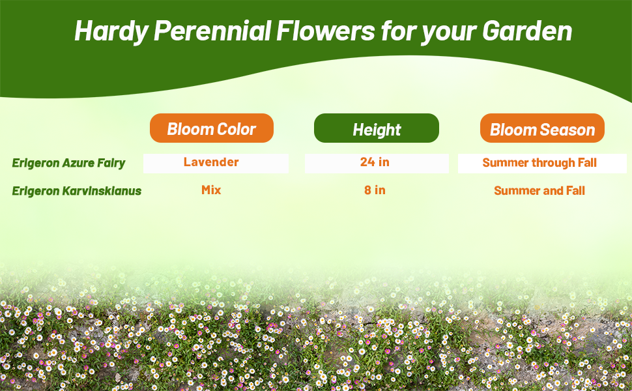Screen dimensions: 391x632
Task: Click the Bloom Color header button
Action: pos(211,128)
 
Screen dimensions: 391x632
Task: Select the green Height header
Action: pos(377,129)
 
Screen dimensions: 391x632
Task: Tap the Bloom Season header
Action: pos(542,129)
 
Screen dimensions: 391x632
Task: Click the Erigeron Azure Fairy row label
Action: pos(68,162)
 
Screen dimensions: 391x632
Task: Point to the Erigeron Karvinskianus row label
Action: pos(76,191)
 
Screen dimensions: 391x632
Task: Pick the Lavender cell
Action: pos(211,162)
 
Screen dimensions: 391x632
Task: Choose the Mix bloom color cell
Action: pos(211,190)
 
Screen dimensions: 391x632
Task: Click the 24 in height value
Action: pos(375,162)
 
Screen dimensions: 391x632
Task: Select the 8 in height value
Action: pos(375,190)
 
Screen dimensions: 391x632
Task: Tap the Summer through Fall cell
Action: pos(539,162)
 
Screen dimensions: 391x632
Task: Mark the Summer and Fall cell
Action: pos(539,191)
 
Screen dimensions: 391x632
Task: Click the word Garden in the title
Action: pos(527,31)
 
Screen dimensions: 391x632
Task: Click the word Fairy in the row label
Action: pos(111,162)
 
